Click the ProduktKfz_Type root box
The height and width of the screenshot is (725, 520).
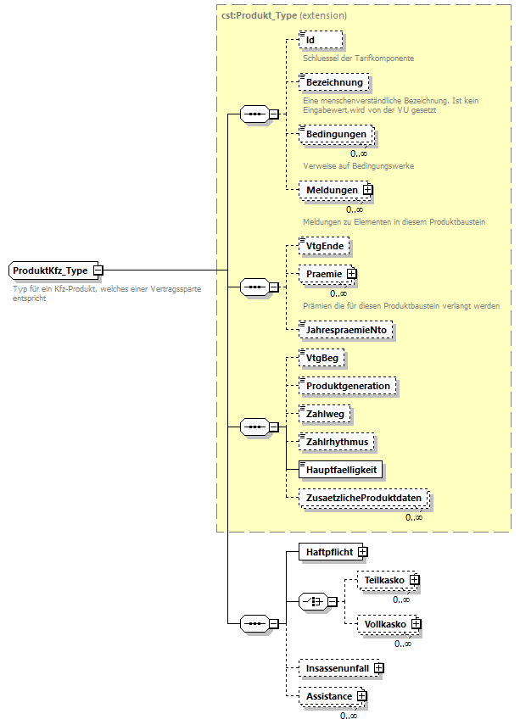coord(51,270)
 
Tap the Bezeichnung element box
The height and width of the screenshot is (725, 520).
coord(334,83)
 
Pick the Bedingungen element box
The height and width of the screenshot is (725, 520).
coord(337,135)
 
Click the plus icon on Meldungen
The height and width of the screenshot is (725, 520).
coord(368,190)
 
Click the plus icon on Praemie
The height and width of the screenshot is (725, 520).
coord(351,275)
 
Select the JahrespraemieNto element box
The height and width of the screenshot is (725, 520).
coord(348,330)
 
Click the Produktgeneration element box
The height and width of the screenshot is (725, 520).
coord(348,386)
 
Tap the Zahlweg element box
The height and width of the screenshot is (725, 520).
coord(327,414)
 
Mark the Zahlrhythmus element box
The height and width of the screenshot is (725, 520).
coord(338,442)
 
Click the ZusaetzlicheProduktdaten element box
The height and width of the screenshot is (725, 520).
coord(364,498)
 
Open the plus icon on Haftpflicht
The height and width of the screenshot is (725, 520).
coord(362,552)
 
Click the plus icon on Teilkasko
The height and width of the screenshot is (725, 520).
coord(414,580)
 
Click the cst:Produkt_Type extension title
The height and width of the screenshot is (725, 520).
coord(283,15)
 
